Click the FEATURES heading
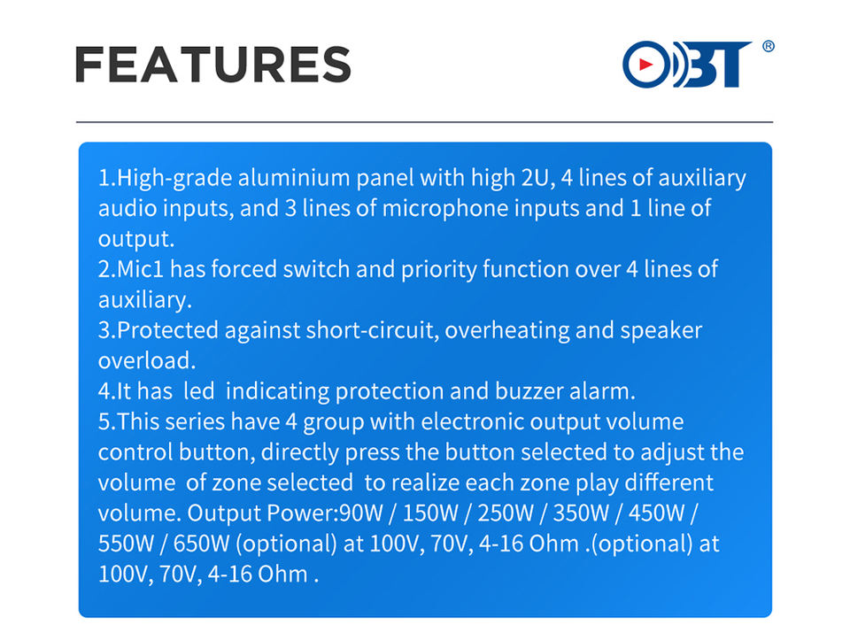(213, 65)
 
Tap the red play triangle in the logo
(645, 65)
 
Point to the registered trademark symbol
(769, 46)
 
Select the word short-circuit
(372, 331)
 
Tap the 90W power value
(361, 513)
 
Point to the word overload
(146, 361)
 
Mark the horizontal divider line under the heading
(424, 122)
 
